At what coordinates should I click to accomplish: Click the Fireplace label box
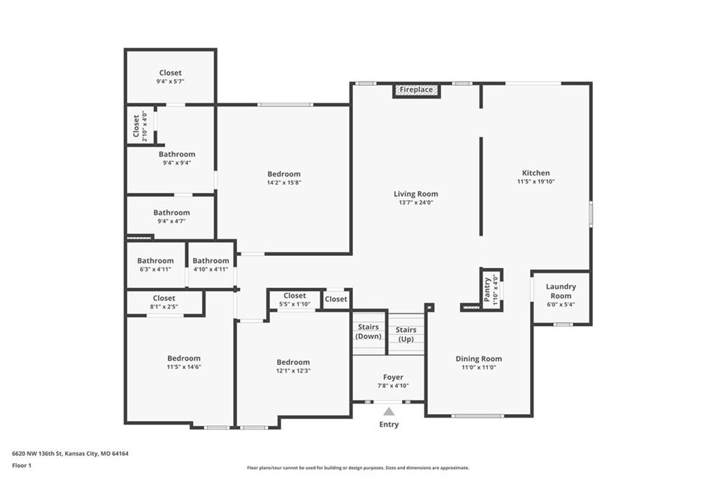coord(417,90)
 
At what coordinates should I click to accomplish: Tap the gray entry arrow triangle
coord(389,412)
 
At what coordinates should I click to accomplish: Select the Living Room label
coord(415,194)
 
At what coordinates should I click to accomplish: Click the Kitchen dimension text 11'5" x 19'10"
coord(536,181)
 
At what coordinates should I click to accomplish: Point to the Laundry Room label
coord(561,291)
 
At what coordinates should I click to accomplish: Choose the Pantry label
coord(487,289)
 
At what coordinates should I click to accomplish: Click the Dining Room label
coord(478,359)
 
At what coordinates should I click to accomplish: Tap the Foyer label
coord(393,378)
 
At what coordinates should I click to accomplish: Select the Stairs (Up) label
coord(406,334)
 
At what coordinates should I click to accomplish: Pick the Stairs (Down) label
coord(368,332)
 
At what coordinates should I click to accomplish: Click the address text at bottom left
coord(71,454)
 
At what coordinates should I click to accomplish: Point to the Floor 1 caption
coord(22,466)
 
